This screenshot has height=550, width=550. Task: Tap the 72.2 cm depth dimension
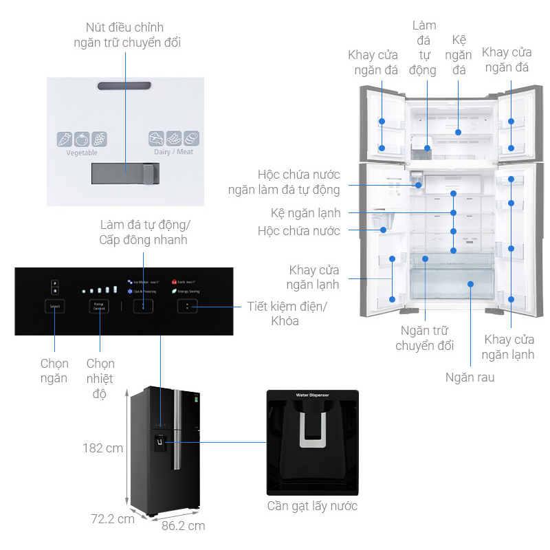pos(113,519)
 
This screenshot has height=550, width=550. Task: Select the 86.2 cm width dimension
pos(183,526)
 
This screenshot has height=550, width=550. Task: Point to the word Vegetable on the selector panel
pos(82,153)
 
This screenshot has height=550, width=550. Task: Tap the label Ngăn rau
pos(470,377)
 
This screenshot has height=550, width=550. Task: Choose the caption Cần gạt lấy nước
pos(312,506)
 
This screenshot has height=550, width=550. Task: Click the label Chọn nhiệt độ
pos(100,378)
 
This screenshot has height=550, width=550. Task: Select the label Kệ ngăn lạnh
pos(305,213)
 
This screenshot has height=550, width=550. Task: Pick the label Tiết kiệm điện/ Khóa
pos(287,313)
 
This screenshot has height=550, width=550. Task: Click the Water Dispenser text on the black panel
pos(312,395)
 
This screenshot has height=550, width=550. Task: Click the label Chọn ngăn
pos(54,371)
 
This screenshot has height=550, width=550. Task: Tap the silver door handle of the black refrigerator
pos(177,430)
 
